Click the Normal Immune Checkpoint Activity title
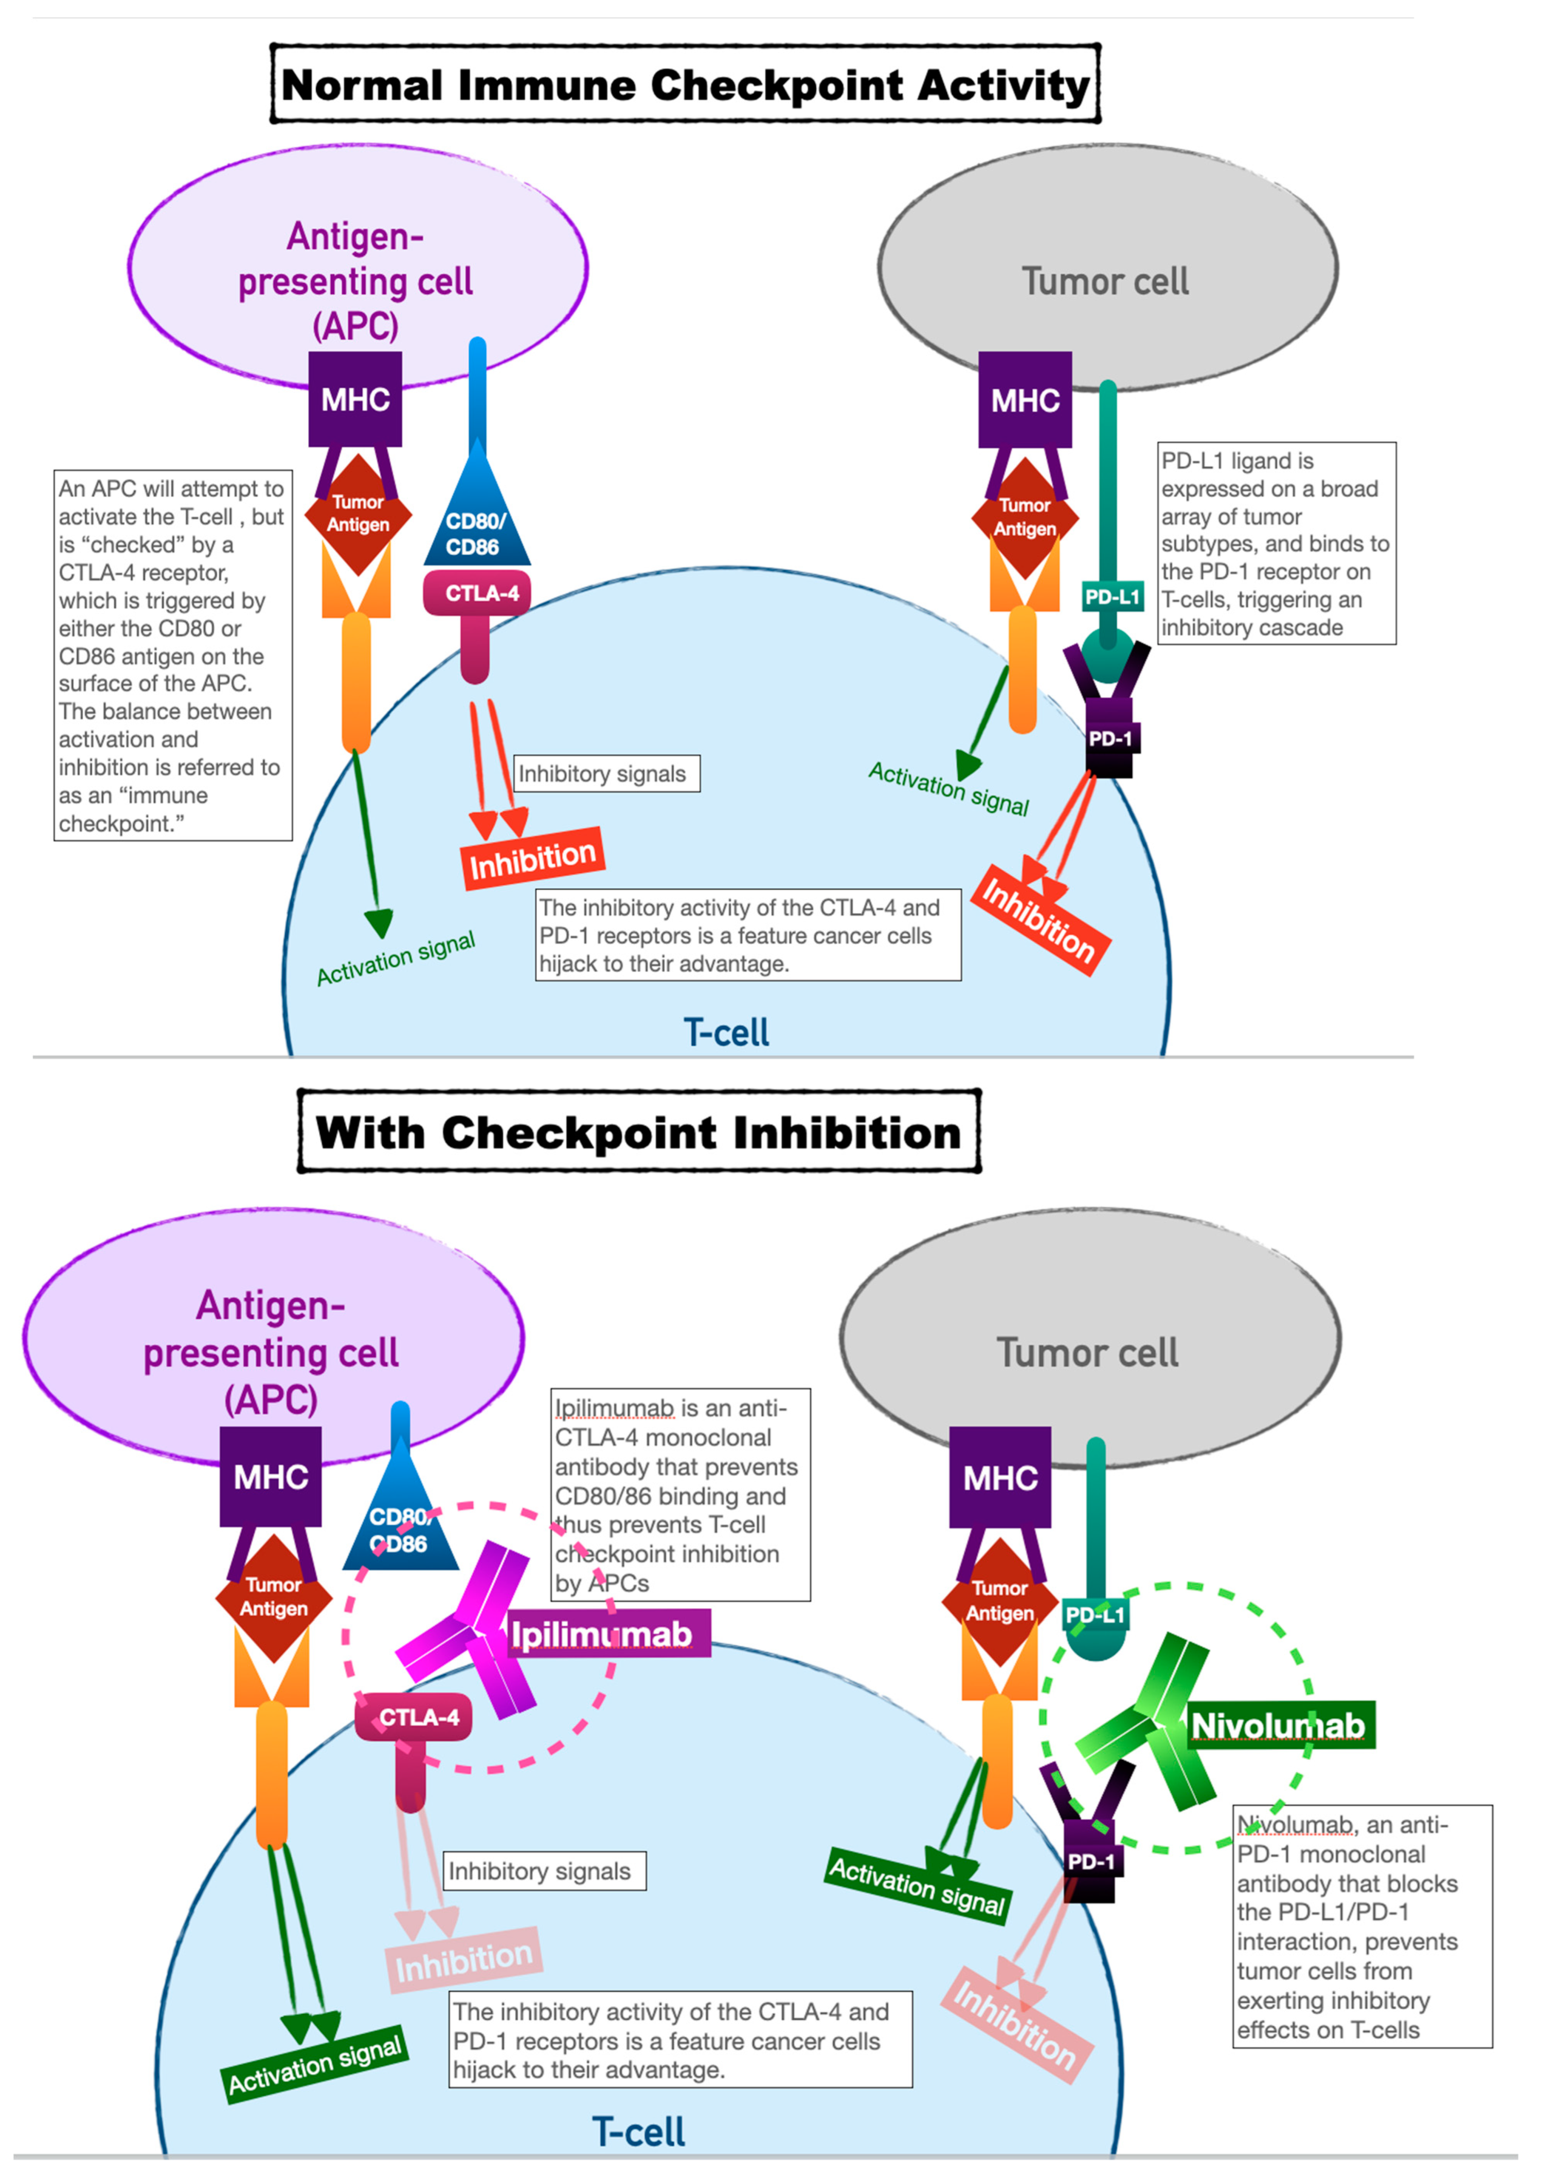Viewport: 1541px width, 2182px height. point(685,85)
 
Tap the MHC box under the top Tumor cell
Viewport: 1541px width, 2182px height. point(1025,400)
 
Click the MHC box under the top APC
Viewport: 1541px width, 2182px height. point(354,399)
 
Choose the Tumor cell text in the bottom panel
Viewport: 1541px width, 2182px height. point(1087,1352)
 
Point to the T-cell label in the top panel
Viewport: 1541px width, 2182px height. point(726,1032)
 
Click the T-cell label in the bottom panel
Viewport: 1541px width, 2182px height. point(638,2132)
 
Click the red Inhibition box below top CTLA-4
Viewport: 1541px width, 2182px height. point(532,859)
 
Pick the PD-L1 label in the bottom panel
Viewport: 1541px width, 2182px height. point(1095,1614)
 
